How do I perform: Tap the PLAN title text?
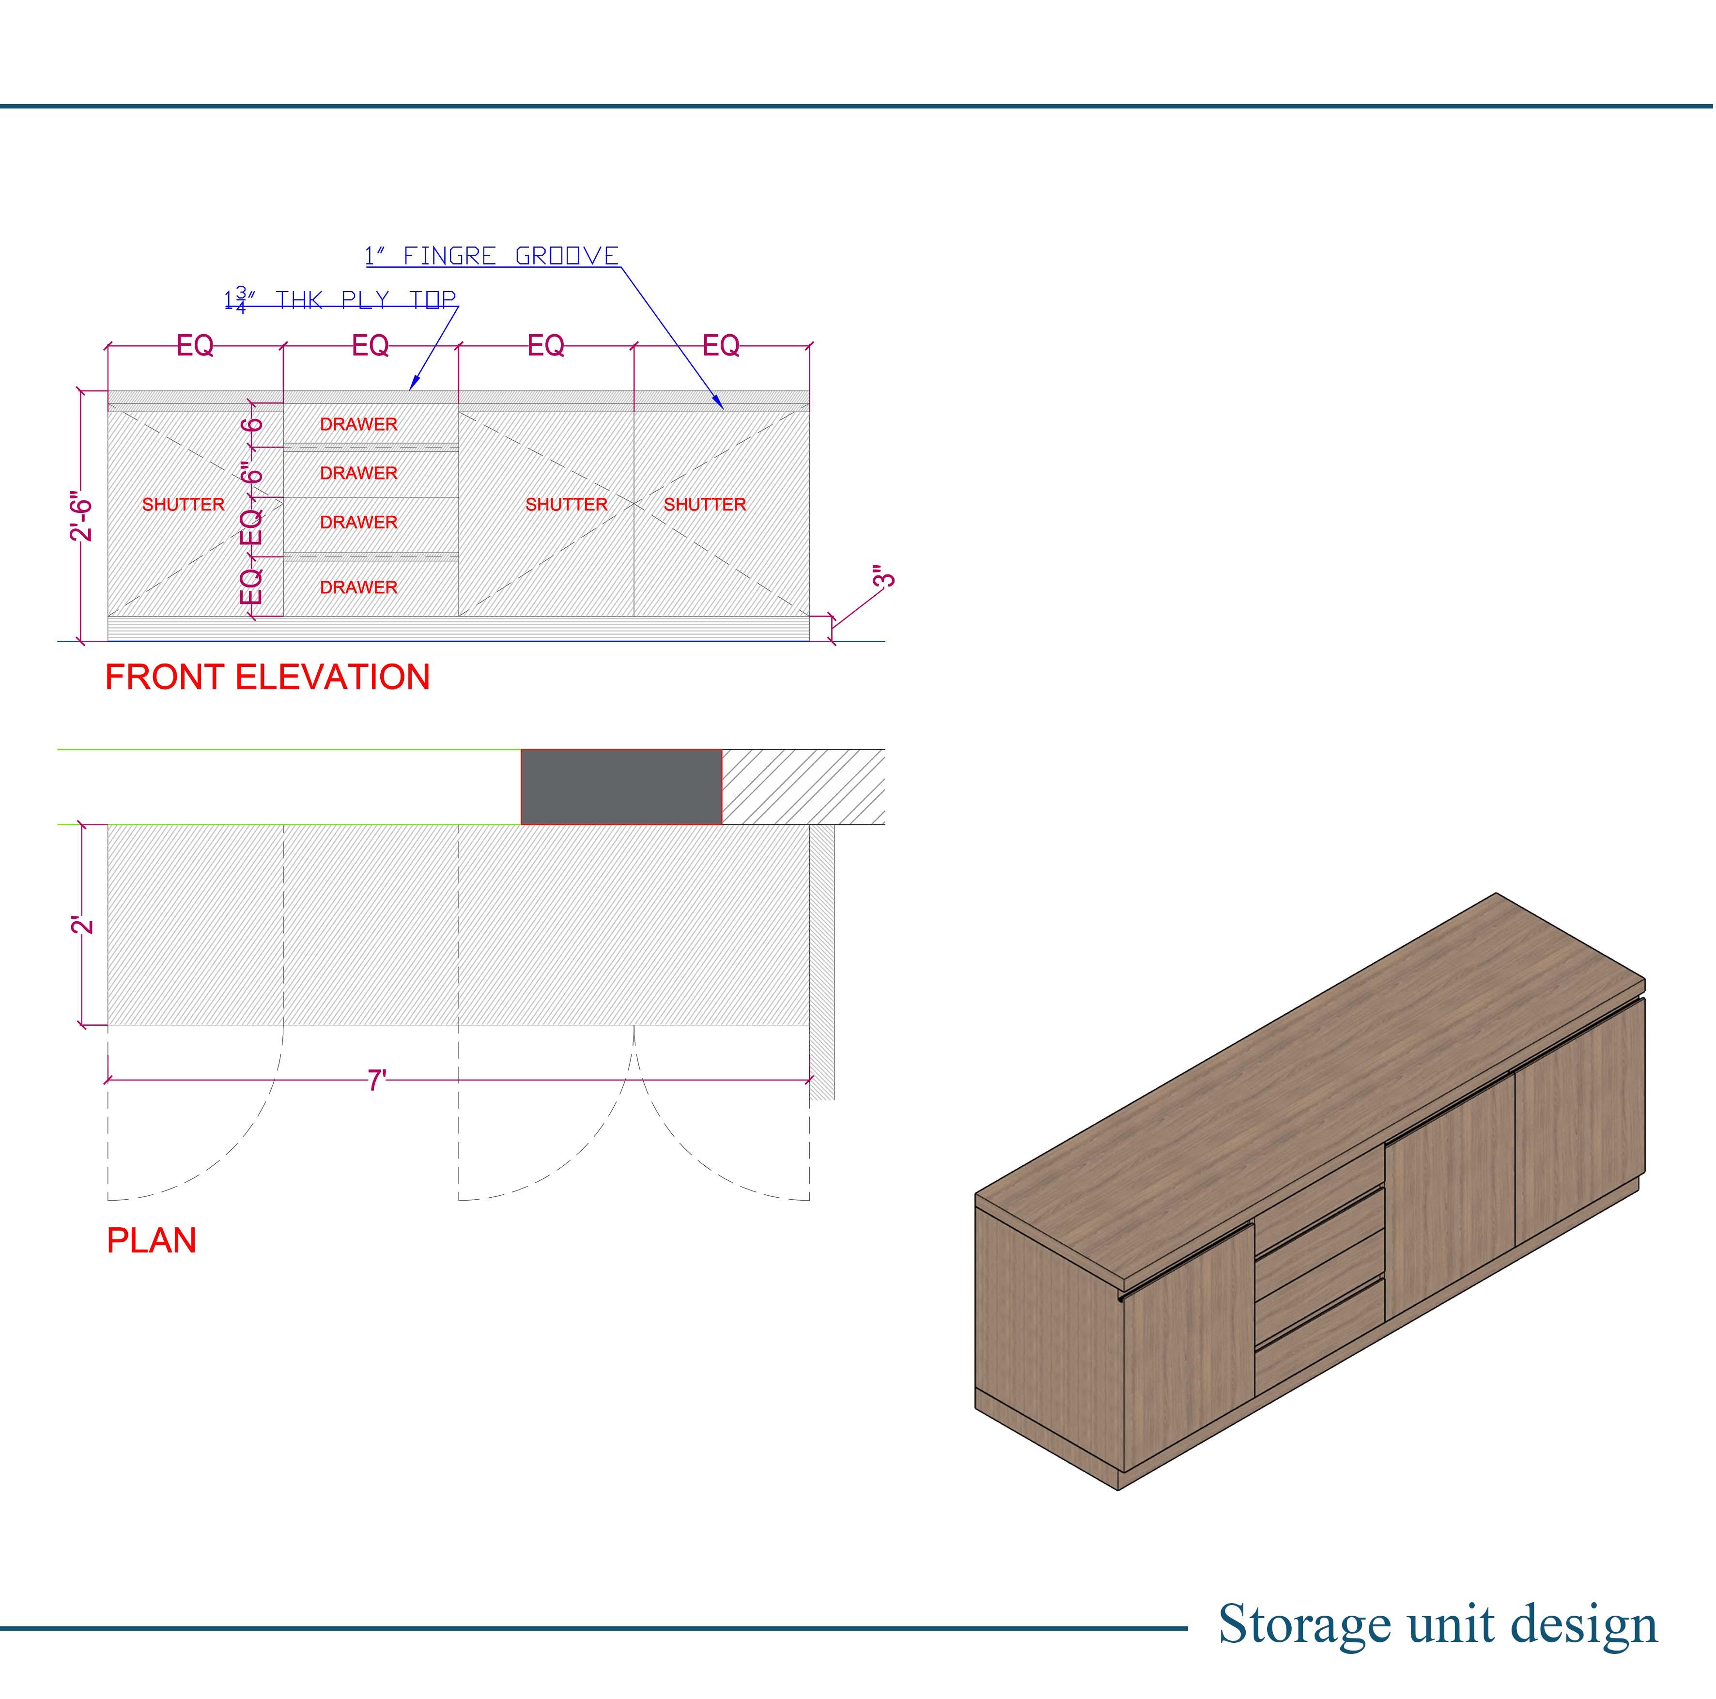[151, 1241]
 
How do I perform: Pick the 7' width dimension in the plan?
[377, 1081]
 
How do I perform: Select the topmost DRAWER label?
[359, 425]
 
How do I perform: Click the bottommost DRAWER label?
[359, 587]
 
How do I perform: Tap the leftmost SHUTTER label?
[183, 505]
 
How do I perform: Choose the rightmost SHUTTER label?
[704, 505]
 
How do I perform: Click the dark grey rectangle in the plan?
[621, 787]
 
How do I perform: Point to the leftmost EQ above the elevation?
[195, 345]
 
